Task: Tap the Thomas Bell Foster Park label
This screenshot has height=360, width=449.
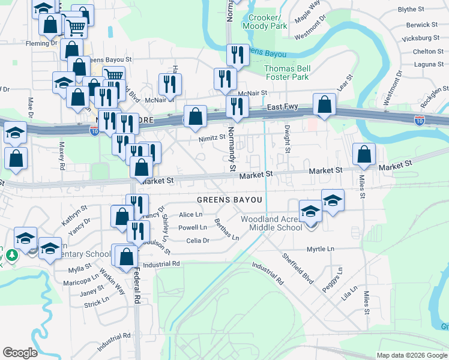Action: coord(286,73)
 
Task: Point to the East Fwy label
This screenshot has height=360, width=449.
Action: coord(283,107)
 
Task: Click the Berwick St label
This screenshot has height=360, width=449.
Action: coord(421,25)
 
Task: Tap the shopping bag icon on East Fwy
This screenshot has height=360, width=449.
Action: coord(324,105)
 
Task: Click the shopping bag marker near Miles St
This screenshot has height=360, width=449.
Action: coord(364,155)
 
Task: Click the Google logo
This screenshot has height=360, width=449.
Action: coord(20,353)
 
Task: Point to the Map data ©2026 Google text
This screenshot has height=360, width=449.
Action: coord(411,355)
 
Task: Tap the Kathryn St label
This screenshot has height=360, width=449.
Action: coord(74,215)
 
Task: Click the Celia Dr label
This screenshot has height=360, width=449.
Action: coord(197,240)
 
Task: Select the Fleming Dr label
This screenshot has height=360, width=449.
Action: coord(41,43)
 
